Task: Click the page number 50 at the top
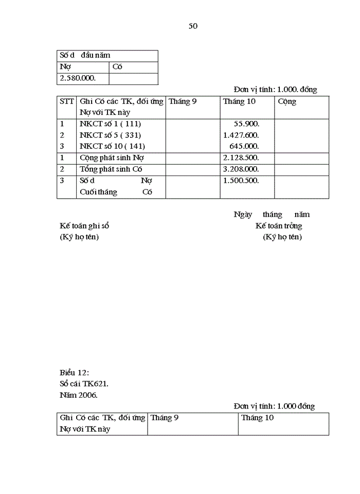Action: click(x=193, y=26)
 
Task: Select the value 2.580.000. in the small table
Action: click(x=78, y=78)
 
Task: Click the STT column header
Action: click(x=67, y=101)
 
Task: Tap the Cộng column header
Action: click(x=287, y=101)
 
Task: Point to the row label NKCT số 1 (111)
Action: click(x=110, y=124)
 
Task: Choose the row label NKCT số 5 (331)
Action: click(x=110, y=135)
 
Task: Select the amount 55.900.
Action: click(x=246, y=124)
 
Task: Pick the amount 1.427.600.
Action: click(x=241, y=135)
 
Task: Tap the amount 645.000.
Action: click(x=244, y=146)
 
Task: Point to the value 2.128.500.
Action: click(x=241, y=157)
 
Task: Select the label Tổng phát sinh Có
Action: click(x=111, y=169)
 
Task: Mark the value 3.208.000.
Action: click(x=241, y=169)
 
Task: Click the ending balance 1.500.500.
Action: click(x=241, y=180)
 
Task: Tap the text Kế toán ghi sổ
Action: click(x=84, y=226)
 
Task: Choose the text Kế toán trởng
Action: click(x=279, y=226)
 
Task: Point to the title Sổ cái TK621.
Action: click(x=84, y=384)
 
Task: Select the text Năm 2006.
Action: click(x=78, y=395)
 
